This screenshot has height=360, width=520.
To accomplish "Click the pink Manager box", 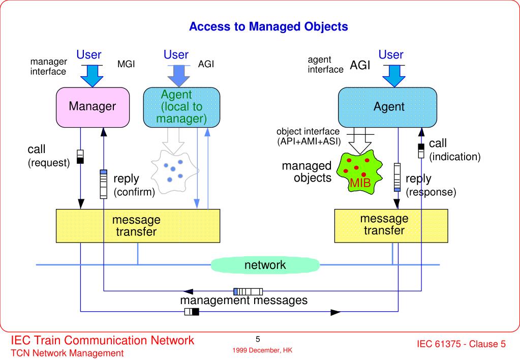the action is [93, 107].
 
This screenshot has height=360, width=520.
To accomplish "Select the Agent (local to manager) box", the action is [181, 107].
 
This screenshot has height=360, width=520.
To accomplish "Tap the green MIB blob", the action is [359, 172].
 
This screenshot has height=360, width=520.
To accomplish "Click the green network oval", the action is [265, 265].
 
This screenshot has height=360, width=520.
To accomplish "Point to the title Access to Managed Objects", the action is [268, 26].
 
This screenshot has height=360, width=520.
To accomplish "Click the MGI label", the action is [126, 64].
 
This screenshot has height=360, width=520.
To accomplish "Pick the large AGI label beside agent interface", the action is [360, 65].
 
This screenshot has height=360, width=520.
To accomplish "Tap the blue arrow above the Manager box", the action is [92, 76].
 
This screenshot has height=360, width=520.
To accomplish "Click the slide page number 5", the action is [258, 339].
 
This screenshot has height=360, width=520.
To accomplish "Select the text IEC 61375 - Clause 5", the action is [461, 344].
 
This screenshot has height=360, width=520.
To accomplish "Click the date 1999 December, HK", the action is [262, 350].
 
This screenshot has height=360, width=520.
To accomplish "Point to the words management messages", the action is [244, 301].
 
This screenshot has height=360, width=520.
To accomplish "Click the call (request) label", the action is [49, 156].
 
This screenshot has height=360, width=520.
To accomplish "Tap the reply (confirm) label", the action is [134, 185].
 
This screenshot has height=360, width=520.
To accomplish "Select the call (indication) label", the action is [454, 150].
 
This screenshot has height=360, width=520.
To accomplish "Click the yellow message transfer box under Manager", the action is [138, 226].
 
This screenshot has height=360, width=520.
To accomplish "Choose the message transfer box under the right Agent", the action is [391, 226].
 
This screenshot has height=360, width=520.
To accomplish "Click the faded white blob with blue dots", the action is [174, 172].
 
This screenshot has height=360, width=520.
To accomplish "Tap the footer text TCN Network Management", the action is [67, 353].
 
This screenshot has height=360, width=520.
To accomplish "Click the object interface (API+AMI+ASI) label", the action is [309, 136].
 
